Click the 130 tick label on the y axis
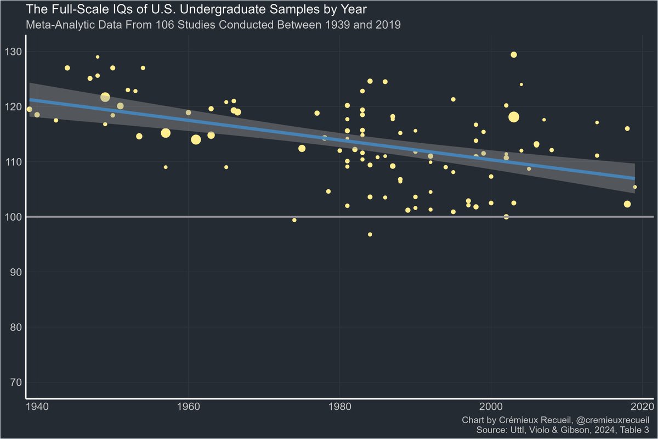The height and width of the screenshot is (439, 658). [14, 52]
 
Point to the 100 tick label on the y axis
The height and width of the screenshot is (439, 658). [14, 217]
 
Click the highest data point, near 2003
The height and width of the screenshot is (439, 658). [514, 54]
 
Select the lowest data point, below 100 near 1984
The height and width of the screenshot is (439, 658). [370, 234]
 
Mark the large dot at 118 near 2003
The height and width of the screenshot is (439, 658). [514, 117]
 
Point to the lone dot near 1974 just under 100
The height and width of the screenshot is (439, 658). [294, 220]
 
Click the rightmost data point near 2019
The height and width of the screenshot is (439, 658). [635, 187]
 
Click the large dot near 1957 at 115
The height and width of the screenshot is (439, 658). [166, 133]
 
